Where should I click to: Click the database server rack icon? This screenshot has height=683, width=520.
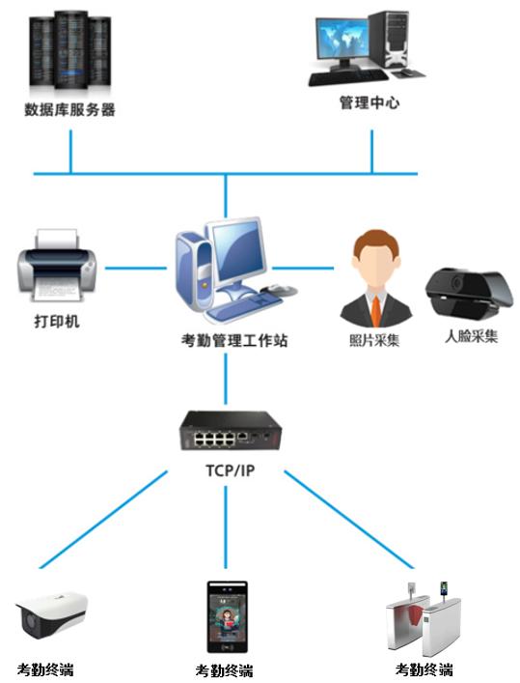(69, 51)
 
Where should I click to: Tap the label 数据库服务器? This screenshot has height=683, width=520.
(69, 109)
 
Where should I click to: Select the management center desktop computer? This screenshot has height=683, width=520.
(366, 48)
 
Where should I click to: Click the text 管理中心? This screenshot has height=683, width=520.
(369, 102)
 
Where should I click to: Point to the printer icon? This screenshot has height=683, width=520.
(57, 266)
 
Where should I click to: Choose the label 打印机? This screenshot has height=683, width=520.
(57, 322)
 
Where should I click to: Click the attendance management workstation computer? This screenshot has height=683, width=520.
(235, 270)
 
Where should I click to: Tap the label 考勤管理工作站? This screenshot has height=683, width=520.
(234, 340)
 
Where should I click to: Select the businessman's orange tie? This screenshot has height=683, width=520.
(376, 310)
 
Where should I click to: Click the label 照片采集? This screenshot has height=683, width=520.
(374, 340)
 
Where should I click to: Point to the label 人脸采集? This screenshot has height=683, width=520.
(471, 336)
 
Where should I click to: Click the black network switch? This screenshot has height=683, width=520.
(231, 430)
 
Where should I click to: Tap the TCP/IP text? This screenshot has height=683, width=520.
(231, 470)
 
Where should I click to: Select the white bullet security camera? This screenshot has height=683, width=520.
(51, 613)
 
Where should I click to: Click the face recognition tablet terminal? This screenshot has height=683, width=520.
(227, 616)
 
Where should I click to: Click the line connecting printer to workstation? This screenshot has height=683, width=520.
(136, 268)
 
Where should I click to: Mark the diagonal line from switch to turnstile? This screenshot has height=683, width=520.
(349, 519)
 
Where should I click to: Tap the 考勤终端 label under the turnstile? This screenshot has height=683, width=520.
(424, 669)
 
